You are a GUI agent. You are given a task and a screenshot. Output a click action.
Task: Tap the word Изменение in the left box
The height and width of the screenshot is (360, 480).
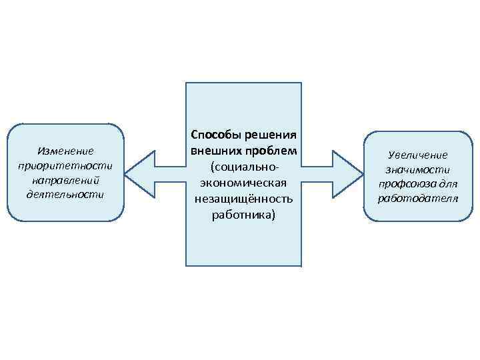click(65, 151)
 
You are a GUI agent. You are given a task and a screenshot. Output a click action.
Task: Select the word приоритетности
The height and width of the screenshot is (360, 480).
click(65, 166)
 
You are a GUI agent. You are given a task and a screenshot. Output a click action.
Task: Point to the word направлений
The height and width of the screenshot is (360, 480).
click(65, 180)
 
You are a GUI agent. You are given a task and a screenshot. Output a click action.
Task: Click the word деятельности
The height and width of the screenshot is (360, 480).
click(65, 195)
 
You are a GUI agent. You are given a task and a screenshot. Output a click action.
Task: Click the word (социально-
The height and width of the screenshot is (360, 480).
click(243, 165)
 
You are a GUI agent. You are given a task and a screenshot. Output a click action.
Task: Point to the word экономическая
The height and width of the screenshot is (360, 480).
click(243, 181)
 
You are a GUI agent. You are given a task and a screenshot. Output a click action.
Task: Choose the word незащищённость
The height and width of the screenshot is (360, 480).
click(243, 198)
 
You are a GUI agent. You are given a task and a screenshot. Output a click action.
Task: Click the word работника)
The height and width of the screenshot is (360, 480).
click(243, 215)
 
